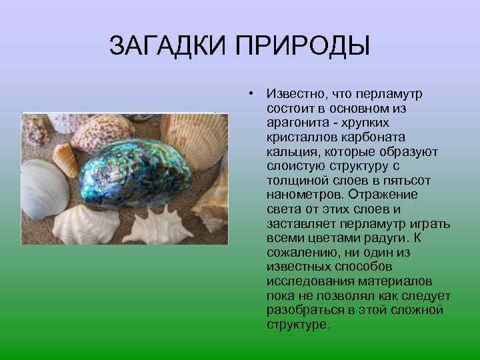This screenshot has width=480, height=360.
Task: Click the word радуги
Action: (x=397, y=238)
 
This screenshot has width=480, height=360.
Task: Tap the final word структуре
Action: (x=297, y=325)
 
